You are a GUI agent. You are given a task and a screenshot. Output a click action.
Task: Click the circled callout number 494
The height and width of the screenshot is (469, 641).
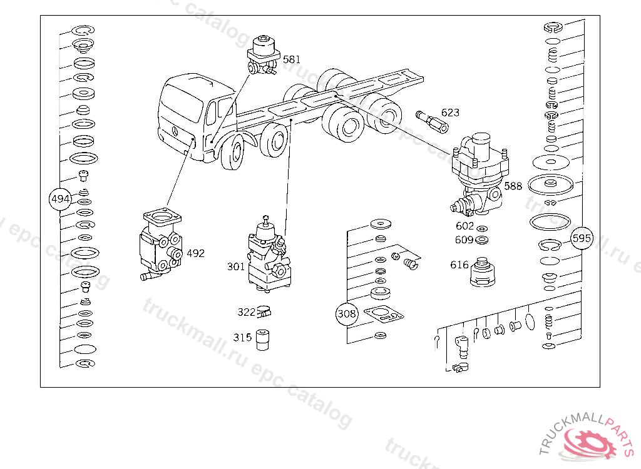[60, 199]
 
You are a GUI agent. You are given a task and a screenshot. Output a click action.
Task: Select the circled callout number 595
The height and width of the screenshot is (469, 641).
[582, 238]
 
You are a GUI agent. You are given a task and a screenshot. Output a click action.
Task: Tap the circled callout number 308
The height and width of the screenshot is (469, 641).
[347, 314]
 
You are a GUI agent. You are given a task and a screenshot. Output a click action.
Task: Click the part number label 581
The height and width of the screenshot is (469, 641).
[292, 59]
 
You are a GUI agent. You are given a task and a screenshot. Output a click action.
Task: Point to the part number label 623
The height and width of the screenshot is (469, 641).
[450, 113]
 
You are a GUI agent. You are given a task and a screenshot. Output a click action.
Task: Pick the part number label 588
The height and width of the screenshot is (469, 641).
[513, 186]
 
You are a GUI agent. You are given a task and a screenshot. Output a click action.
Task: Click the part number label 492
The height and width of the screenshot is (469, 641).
[195, 253]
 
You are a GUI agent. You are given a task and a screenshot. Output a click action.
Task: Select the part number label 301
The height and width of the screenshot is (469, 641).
[236, 267]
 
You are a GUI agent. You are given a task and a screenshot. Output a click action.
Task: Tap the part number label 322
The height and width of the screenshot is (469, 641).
[246, 312]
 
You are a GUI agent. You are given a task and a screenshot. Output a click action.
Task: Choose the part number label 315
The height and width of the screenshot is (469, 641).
[242, 338]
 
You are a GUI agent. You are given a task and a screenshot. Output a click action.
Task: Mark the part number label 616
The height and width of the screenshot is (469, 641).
[459, 265]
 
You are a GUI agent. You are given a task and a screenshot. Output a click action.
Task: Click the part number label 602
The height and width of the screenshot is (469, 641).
[464, 226]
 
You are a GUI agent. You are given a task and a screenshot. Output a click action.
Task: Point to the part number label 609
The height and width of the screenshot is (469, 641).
[464, 240]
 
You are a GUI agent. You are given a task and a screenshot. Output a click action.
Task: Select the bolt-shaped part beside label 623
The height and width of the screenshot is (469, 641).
[432, 121]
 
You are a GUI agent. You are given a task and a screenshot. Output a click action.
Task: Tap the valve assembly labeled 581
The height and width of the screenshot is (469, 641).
[264, 56]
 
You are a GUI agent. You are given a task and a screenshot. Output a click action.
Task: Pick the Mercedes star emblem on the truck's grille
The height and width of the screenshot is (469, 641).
[175, 132]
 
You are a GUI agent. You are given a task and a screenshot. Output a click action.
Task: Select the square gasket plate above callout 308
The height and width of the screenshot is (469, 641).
[384, 314]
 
